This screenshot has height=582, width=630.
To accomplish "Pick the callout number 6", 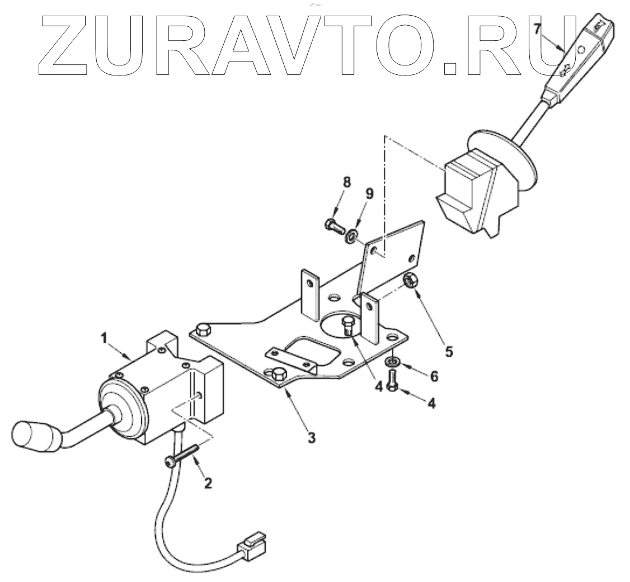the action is (434, 377).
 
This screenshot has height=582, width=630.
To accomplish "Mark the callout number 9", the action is (369, 193).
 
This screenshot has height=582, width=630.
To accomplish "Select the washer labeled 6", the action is (391, 363).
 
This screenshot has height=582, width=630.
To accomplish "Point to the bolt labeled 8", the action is (333, 226).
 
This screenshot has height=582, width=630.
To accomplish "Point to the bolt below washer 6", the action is (392, 382).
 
